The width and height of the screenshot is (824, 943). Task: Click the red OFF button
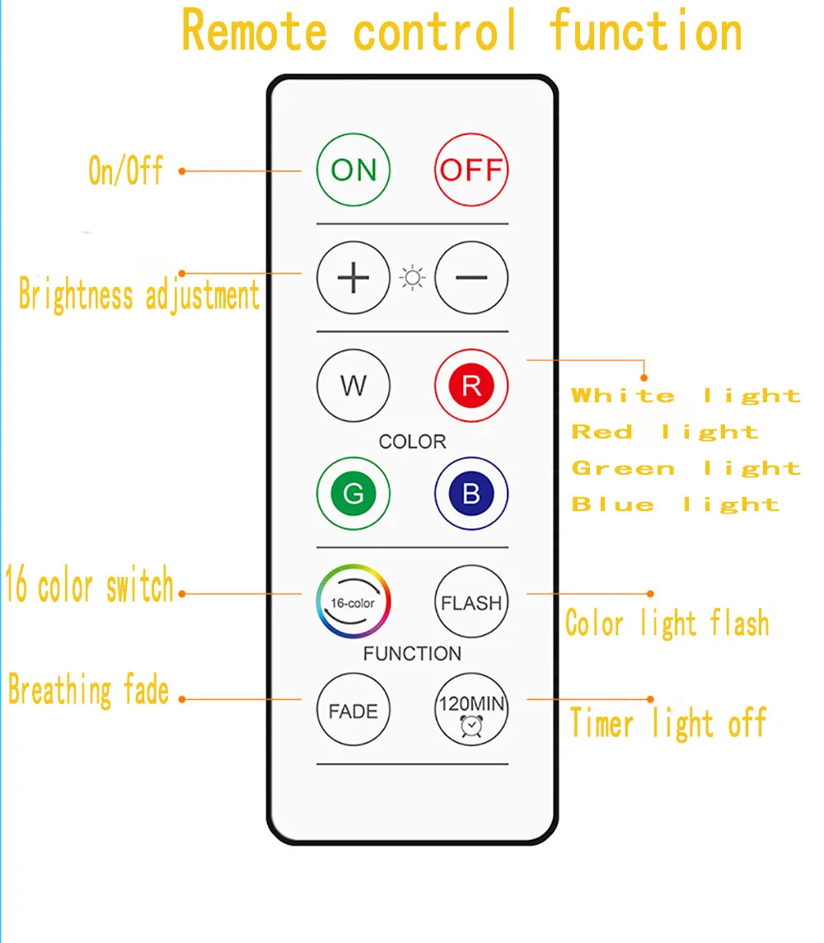(471, 171)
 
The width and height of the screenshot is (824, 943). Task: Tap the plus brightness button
(353, 278)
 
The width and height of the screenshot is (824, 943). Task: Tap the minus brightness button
(471, 278)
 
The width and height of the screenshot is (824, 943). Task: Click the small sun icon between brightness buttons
(412, 278)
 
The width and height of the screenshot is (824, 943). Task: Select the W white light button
(353, 386)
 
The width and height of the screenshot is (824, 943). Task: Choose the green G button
(353, 494)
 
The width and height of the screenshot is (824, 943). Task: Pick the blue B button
(471, 494)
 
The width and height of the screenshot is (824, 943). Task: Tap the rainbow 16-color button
(353, 602)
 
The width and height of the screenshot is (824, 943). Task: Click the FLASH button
(471, 602)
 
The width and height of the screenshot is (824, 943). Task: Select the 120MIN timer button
(471, 710)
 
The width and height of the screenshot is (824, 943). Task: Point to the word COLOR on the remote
(412, 442)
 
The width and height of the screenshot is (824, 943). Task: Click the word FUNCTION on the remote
(412, 654)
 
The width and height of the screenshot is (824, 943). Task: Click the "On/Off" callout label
(126, 171)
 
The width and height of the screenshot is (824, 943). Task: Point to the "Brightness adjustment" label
(138, 295)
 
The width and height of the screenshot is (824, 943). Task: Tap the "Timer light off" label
(667, 724)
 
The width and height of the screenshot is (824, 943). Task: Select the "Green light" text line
(686, 468)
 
